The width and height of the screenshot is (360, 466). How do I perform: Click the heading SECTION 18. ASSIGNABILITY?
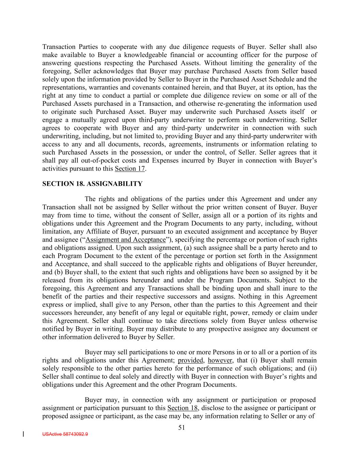[x=92, y=184]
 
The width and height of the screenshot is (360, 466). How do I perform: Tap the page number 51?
[x=182, y=427]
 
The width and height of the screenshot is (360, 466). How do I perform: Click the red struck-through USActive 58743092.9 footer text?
[x=65, y=434]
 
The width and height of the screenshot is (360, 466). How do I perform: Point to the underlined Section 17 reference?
[x=130, y=169]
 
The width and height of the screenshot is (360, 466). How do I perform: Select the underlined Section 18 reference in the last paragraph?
[x=183, y=408]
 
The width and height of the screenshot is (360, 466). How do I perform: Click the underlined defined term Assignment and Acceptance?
[x=125, y=240]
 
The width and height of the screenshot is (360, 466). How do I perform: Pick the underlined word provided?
[x=190, y=361]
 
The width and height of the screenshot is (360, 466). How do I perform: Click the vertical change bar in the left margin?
[x=23, y=434]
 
